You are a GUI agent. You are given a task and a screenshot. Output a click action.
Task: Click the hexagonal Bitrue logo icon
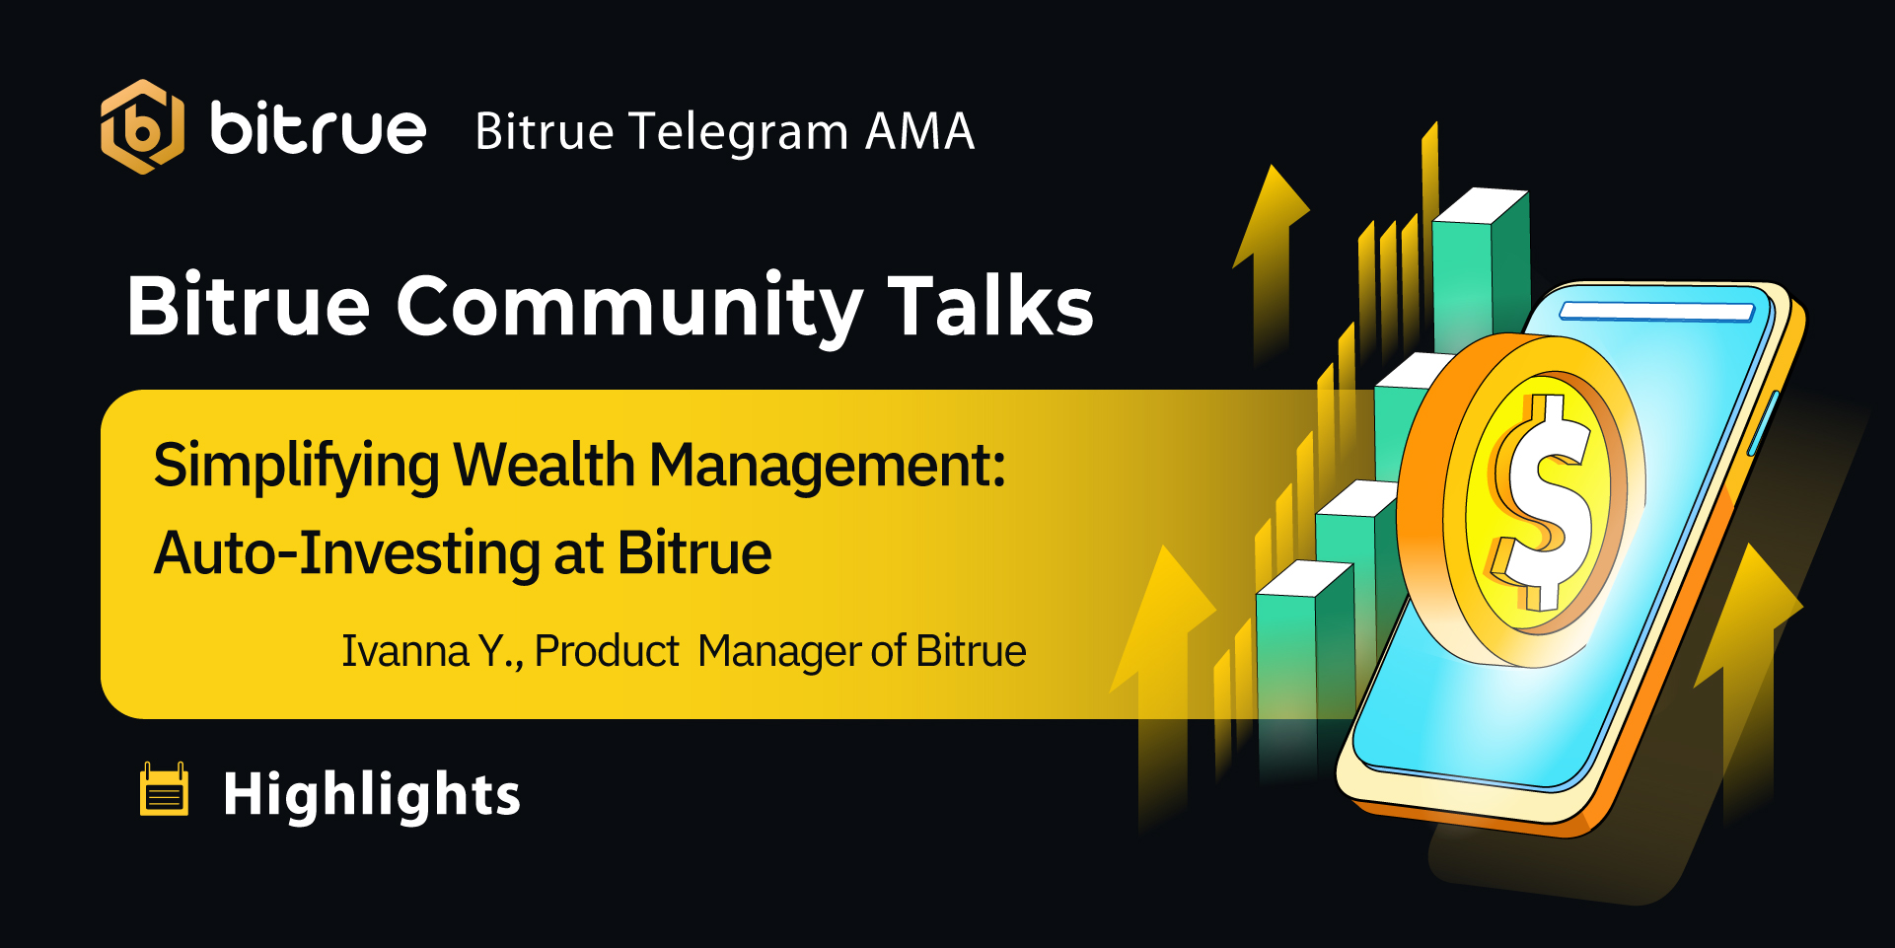point(142,127)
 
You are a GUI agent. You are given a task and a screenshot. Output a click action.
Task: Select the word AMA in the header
point(920,131)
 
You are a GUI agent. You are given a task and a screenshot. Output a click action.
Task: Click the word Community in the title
point(629,308)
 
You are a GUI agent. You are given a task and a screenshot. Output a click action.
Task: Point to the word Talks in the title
point(990,305)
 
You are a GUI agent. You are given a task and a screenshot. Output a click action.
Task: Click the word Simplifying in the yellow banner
point(296,466)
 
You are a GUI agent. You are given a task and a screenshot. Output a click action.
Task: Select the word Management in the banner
point(827,465)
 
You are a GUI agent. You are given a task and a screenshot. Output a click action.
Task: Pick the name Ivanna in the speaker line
point(405,651)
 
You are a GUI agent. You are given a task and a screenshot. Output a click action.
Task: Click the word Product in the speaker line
point(606,651)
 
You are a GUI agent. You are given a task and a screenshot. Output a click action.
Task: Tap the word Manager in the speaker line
point(778,652)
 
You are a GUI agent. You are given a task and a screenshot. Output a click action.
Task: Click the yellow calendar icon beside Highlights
point(164,789)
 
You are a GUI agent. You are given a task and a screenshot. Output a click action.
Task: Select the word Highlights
point(372,794)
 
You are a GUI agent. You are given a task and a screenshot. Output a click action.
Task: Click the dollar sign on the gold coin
point(1541,501)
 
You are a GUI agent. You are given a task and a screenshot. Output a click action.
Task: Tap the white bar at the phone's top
point(1656,312)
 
